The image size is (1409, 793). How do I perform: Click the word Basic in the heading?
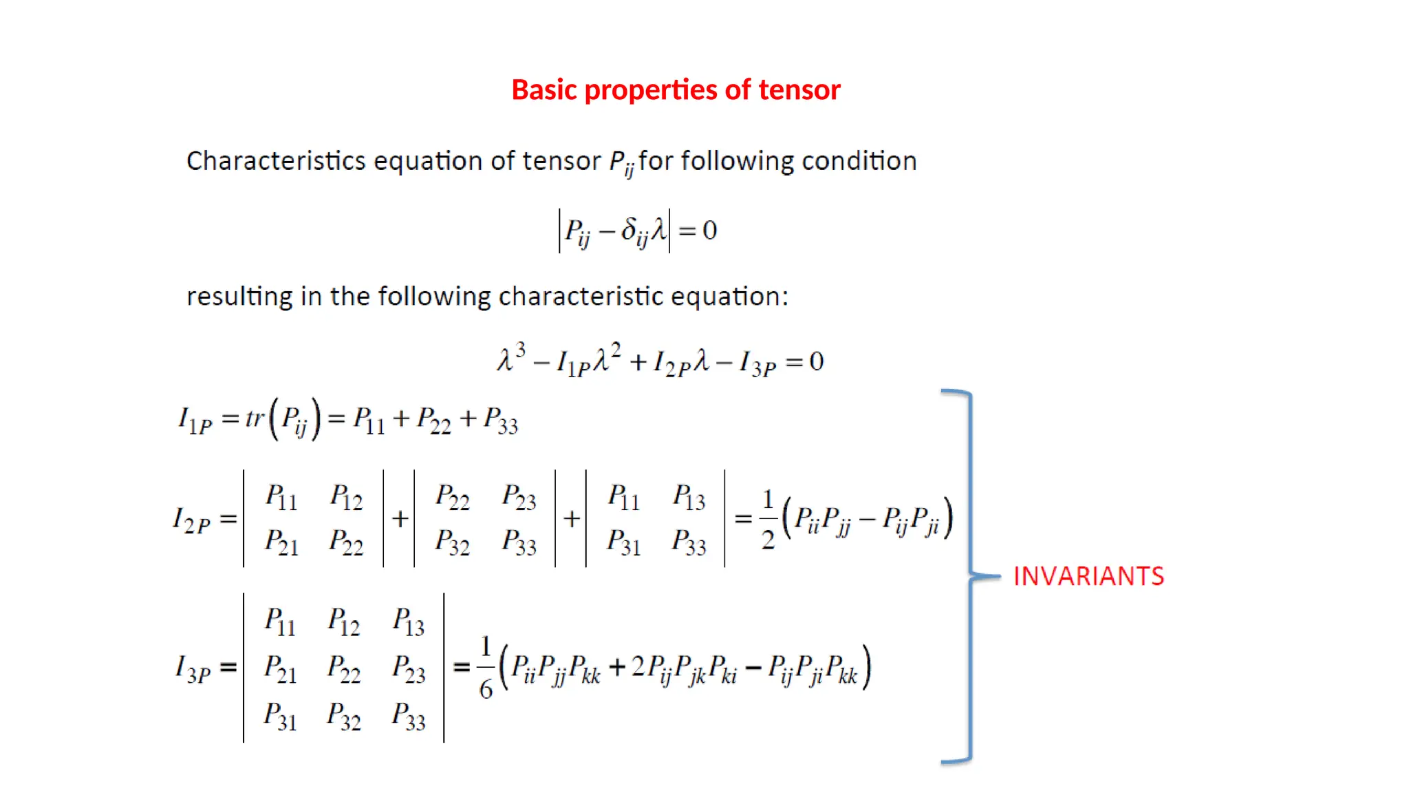544,90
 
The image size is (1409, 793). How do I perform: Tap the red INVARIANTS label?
1088,576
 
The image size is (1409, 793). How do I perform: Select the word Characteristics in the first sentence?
276,161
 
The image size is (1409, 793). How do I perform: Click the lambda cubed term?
511,358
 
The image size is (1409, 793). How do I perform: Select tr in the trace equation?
255,418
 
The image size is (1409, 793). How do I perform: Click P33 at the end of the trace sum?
500,420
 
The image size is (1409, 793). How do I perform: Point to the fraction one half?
768,519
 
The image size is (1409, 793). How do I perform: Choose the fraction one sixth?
486,667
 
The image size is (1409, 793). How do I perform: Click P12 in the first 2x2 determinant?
346,497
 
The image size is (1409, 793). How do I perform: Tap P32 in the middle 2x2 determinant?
452,542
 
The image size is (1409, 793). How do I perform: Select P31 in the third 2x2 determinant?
623,542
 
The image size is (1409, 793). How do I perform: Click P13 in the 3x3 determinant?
409,622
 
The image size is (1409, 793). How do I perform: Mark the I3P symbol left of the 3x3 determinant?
193,668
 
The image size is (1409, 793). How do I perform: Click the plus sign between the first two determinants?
400,519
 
